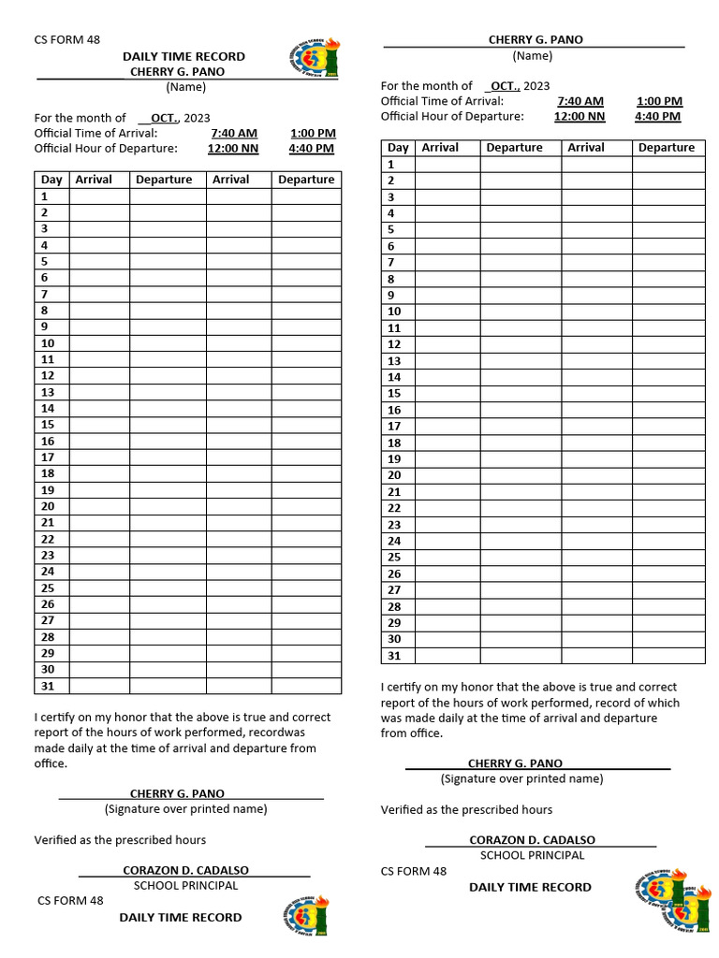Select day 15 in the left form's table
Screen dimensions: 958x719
pyautogui.click(x=48, y=425)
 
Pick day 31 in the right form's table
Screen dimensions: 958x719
pyautogui.click(x=394, y=656)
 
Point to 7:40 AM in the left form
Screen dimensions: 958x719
pyautogui.click(x=234, y=134)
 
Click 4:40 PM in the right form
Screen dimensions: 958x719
pyautogui.click(x=657, y=117)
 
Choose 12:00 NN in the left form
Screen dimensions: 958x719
pyautogui.click(x=233, y=149)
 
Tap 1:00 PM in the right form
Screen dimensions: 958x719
pyautogui.click(x=659, y=101)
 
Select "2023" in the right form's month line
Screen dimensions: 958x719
pyautogui.click(x=536, y=86)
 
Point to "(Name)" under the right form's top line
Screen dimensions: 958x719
pyautogui.click(x=533, y=56)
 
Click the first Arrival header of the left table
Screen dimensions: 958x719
pyautogui.click(x=94, y=180)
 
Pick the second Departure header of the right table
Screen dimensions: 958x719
pyautogui.click(x=667, y=148)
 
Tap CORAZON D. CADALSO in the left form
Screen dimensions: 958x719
pyautogui.click(x=186, y=871)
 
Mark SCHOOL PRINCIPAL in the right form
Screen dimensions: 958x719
pyautogui.click(x=532, y=855)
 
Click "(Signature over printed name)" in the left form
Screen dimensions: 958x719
pyautogui.click(x=185, y=809)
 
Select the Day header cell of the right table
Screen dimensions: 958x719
pyautogui.click(x=398, y=148)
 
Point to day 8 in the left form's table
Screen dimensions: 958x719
pyautogui.click(x=44, y=311)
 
